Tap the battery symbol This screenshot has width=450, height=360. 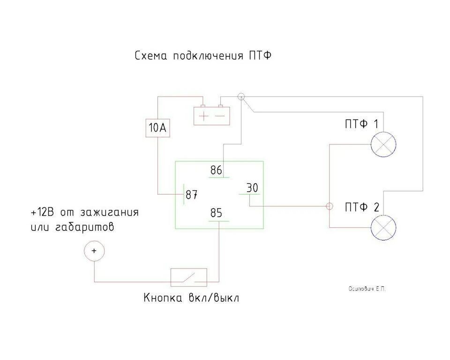[x=212, y=115]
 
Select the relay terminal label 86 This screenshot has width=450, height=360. [x=216, y=170]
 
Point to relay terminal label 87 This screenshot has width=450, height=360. [x=191, y=195]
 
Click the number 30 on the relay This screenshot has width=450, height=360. [x=252, y=188]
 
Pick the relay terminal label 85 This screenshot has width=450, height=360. [x=216, y=213]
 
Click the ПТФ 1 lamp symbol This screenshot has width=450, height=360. [x=383, y=144]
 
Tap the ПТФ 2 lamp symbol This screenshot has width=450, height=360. [x=383, y=228]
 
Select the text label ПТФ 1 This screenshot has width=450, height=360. [x=361, y=124]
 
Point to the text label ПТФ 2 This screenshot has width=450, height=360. [x=361, y=207]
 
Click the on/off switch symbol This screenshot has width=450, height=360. [x=188, y=277]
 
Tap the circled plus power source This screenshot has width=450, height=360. [x=94, y=251]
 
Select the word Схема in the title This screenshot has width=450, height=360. [x=151, y=56]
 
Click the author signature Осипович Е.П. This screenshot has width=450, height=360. [x=367, y=289]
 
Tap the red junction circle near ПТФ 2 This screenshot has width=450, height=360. [x=329, y=206]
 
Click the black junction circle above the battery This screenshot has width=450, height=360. [x=241, y=97]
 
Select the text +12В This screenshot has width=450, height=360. [x=42, y=212]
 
